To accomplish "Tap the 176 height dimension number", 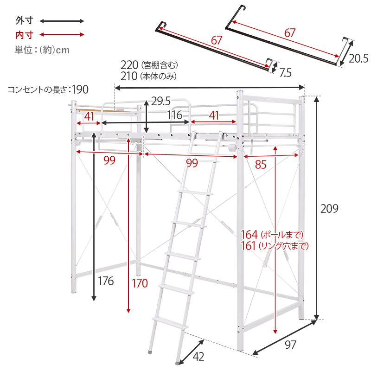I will tap(106, 281).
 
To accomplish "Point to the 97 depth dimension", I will tap(290, 345).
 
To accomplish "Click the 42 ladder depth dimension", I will tap(198, 356).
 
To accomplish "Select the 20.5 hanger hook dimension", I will tap(358, 58).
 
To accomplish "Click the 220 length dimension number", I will tap(129, 64).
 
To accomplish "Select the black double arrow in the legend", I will tap(62, 21).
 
